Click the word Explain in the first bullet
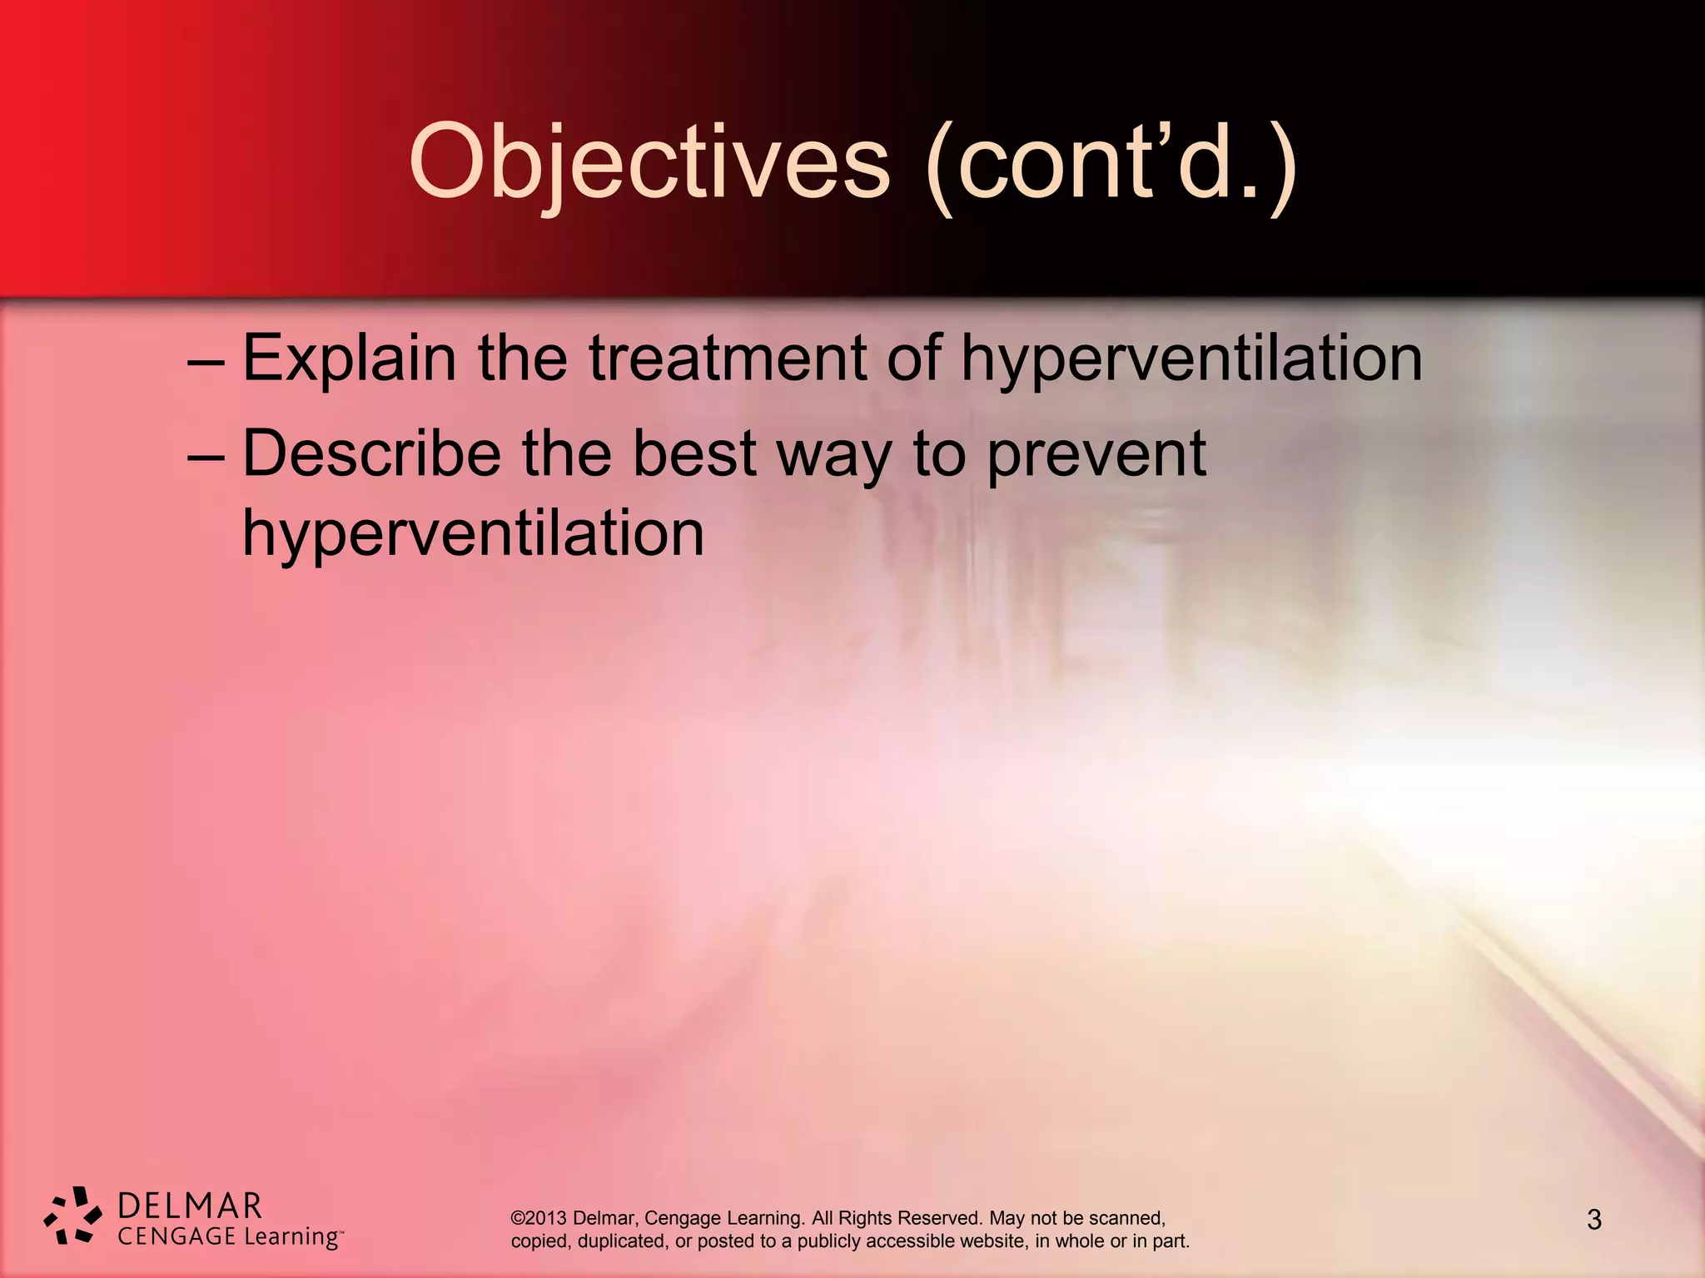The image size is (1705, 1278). click(349, 359)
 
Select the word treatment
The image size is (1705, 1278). click(728, 359)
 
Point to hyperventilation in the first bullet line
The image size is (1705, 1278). click(1191, 359)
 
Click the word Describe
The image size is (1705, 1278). click(371, 454)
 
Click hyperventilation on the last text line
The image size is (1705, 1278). click(473, 533)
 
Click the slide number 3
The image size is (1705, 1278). click(1593, 1220)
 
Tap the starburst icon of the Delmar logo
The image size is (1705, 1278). click(72, 1216)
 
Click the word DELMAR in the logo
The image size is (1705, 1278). click(190, 1206)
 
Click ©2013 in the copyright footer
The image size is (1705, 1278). click(539, 1218)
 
